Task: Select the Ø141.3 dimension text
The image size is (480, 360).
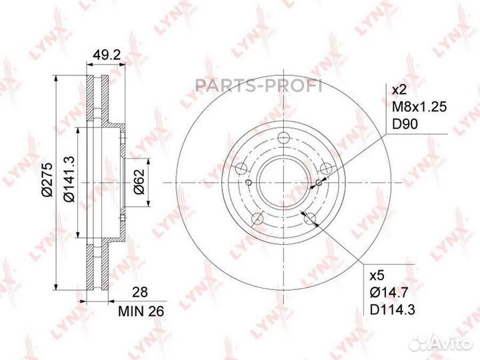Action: click(69, 179)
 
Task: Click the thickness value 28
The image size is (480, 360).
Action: click(140, 292)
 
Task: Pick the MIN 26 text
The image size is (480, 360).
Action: click(141, 311)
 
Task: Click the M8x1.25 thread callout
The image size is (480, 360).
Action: click(420, 107)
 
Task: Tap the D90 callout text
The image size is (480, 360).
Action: click(405, 124)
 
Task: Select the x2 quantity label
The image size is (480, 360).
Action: click(399, 90)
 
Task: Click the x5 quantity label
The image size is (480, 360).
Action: click(377, 275)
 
